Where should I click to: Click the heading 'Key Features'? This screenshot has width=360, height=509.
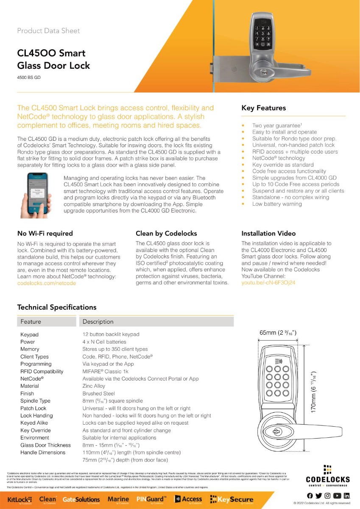point(263,108)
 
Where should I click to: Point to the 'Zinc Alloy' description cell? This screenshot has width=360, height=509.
point(93,386)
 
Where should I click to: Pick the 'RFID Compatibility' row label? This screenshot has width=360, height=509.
point(42,372)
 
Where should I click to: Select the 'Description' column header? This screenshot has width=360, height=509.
point(98,322)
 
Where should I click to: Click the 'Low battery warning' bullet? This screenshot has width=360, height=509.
point(277,204)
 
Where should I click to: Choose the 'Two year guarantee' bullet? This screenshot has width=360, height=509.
point(277,126)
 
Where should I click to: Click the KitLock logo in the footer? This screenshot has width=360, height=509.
point(20,500)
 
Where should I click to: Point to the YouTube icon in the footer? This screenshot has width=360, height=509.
point(337,495)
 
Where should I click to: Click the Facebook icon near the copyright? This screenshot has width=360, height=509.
point(310,495)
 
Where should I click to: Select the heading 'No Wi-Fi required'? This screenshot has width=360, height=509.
point(45,233)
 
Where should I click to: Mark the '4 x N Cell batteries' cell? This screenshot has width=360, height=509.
point(104,342)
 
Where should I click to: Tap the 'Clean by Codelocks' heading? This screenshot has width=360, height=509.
point(166,233)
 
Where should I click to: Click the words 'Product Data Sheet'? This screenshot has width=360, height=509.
point(48,31)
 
